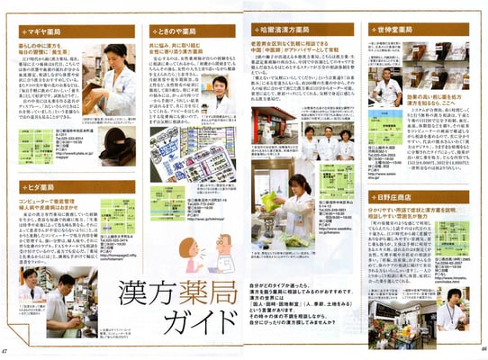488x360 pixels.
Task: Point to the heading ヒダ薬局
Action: pos(41,187)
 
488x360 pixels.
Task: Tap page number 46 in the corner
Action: pos(481,350)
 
